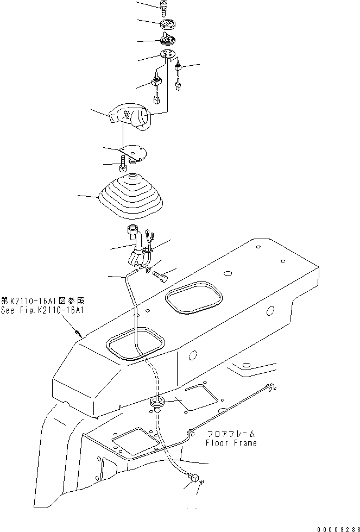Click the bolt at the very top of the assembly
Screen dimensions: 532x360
163,7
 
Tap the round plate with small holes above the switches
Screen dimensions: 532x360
168,54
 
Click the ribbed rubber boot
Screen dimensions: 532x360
131,195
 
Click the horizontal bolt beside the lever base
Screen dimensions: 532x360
161,276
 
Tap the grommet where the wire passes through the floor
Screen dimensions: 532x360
156,403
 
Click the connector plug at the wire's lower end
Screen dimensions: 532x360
193,478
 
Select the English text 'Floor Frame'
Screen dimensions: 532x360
231,443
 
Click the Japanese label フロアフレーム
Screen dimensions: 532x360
231,434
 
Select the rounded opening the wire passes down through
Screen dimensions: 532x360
136,347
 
